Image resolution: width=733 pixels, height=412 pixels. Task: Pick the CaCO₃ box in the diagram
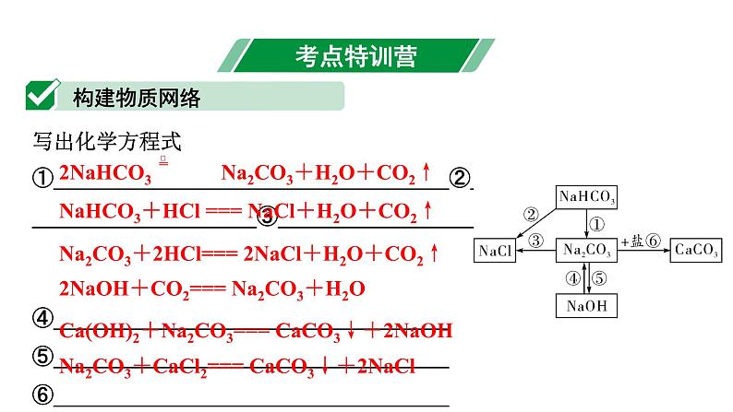coord(697,250)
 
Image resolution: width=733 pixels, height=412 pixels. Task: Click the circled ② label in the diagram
coord(530,215)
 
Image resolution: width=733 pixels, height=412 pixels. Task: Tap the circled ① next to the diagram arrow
coord(596,224)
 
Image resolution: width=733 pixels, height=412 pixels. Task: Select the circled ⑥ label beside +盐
coord(654,241)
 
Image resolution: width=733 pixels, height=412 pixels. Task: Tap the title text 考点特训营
coord(355,55)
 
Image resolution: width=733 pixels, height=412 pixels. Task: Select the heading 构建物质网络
coord(136,96)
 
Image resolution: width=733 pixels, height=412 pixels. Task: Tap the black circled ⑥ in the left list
coord(42,395)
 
